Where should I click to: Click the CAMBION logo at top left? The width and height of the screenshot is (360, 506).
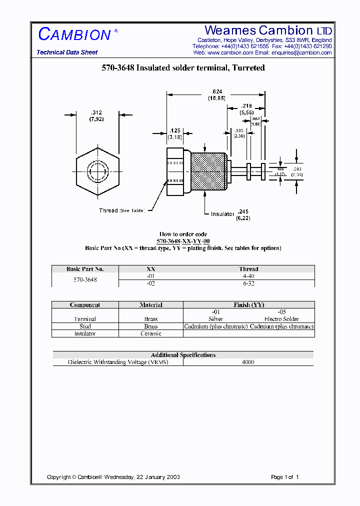[x=74, y=34]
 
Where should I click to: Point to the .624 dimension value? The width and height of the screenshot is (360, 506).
[x=216, y=91]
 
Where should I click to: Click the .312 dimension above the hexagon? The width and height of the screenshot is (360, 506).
[x=96, y=112]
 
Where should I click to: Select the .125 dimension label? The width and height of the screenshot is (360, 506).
[x=174, y=130]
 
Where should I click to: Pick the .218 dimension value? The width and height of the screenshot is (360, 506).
[x=246, y=106]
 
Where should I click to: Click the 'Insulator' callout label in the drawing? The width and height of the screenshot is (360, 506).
[x=222, y=214]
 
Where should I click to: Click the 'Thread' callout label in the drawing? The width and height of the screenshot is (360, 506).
[x=108, y=210]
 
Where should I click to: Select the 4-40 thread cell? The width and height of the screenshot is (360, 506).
[x=248, y=276]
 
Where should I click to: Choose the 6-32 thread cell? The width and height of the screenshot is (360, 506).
[x=248, y=283]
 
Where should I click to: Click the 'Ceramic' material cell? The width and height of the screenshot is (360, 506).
[x=150, y=333]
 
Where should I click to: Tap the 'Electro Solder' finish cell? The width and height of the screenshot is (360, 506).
[x=281, y=319]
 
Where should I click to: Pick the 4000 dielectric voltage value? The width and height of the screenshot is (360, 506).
[x=248, y=362]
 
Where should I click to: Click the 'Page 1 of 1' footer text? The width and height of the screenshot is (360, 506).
[x=284, y=477]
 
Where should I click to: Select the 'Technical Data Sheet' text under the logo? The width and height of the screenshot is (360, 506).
[x=67, y=52]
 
